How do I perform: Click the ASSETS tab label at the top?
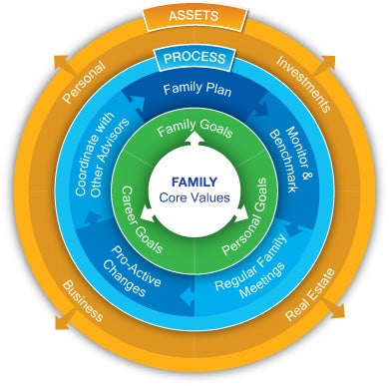pos(194,16)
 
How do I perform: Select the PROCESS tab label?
pos(194,59)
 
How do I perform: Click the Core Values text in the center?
pos(194,198)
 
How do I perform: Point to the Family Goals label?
pos(194,130)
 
